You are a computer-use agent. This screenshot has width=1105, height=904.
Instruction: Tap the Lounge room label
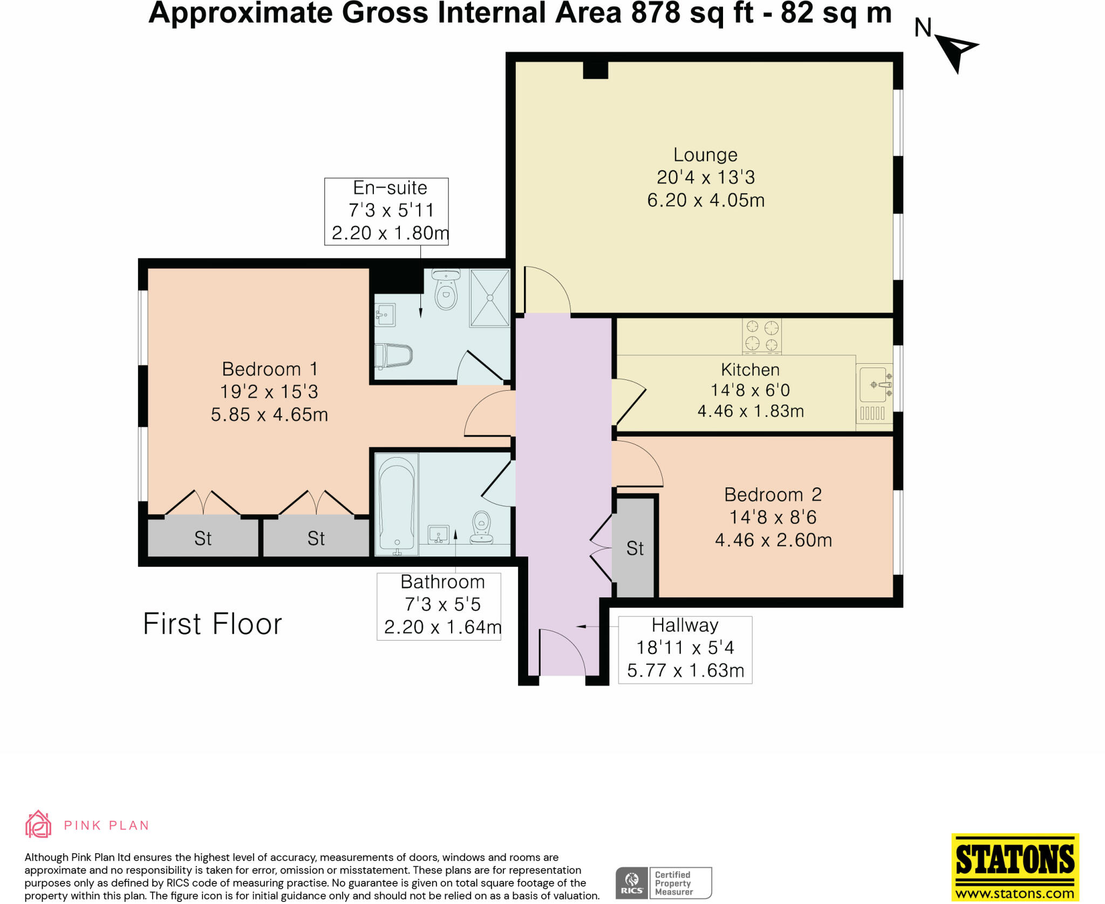click(705, 155)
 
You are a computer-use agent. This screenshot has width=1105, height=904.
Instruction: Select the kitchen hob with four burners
click(761, 336)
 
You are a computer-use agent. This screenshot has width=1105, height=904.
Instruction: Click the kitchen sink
click(872, 385)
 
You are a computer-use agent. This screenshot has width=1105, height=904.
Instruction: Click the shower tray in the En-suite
click(489, 298)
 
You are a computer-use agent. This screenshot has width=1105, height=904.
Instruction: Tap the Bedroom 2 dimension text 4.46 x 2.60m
click(773, 540)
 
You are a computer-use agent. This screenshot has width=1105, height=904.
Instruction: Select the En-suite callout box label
click(386, 211)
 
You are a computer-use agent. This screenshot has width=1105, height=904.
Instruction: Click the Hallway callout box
click(685, 650)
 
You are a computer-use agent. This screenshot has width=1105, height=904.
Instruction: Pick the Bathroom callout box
click(439, 607)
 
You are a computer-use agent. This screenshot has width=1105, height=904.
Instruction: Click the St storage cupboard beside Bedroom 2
click(635, 548)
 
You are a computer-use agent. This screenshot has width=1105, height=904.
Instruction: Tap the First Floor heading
click(212, 624)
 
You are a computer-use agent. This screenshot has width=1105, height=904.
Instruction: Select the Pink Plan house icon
click(38, 824)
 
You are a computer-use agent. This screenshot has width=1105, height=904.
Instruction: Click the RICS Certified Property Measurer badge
click(664, 883)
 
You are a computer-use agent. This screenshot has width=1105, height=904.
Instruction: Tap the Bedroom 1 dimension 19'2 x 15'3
click(269, 392)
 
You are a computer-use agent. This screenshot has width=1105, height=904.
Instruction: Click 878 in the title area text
click(655, 13)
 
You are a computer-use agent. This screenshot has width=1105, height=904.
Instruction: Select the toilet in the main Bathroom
click(481, 527)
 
